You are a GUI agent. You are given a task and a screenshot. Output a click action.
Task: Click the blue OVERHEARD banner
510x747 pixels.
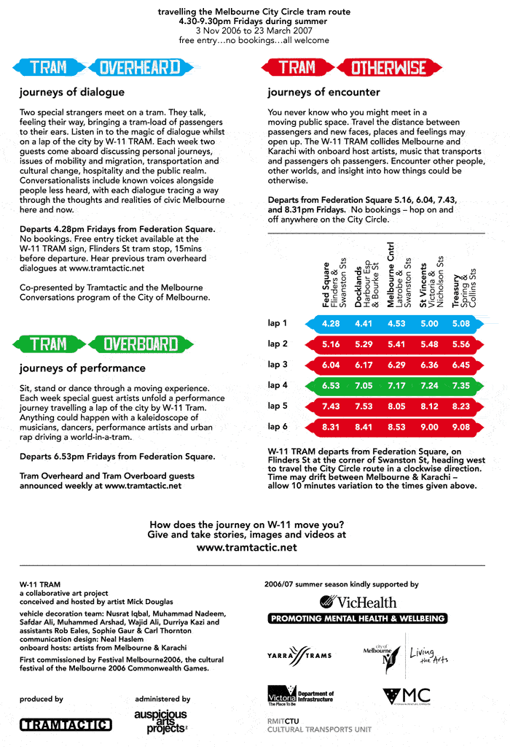[139, 68]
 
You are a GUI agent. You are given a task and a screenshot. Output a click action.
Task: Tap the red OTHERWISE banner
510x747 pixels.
[388, 68]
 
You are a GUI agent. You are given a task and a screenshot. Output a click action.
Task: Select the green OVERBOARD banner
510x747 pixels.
[141, 344]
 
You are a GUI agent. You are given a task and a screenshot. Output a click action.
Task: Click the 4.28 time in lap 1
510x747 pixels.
[331, 323]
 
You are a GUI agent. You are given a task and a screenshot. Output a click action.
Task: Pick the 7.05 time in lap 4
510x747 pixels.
[363, 385]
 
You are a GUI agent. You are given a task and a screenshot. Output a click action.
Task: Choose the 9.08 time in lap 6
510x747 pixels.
[460, 427]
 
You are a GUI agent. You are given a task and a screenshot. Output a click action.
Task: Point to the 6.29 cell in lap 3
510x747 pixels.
[396, 365]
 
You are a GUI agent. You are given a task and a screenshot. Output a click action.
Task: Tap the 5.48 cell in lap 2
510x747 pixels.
[428, 344]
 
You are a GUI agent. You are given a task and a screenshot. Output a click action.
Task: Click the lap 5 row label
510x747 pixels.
[278, 406]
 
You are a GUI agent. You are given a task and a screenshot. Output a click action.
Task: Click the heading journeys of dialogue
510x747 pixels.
[71, 93]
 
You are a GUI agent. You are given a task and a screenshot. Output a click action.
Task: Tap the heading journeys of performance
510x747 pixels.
[82, 368]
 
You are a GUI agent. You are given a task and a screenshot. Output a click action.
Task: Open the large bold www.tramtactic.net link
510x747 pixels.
[247, 547]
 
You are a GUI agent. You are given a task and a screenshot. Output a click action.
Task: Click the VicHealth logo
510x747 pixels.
[357, 602]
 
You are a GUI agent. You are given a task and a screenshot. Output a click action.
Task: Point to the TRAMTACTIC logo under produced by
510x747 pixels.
[66, 724]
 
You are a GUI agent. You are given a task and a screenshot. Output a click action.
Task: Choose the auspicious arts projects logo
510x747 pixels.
[160, 721]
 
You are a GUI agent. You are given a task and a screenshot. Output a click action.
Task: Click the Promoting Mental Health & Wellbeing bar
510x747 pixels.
[357, 619]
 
